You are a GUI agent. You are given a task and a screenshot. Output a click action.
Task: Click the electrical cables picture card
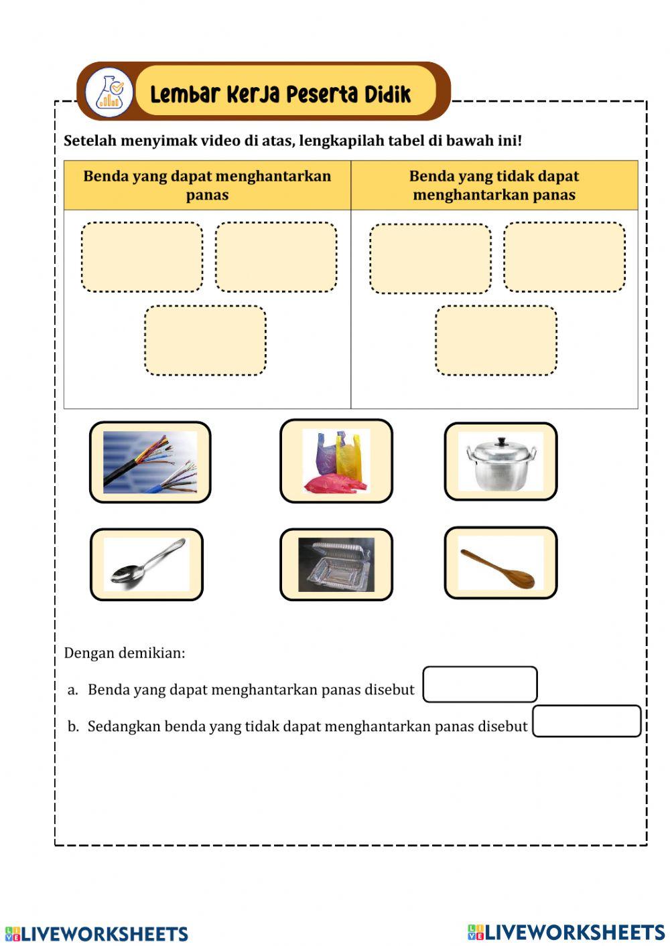coord(150,462)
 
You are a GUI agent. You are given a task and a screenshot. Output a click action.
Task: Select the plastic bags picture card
coord(336,461)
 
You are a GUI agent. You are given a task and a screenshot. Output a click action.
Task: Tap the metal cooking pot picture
coord(500,461)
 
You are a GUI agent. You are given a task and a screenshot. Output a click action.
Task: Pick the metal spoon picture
coord(146,564)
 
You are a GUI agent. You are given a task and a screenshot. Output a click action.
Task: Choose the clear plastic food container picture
coord(336,564)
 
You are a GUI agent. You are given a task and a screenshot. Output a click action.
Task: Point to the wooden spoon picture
coord(500,563)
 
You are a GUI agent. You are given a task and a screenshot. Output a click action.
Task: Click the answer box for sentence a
coord(480,684)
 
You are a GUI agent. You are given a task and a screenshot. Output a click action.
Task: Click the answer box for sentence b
coord(586,721)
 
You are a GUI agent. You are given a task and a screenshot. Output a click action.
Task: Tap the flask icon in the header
coord(109,92)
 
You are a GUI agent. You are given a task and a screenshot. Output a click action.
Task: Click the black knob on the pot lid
coord(500,442)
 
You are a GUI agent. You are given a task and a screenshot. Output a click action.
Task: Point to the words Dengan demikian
coord(125,653)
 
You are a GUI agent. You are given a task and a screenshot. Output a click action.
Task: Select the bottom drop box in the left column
coord(205,340)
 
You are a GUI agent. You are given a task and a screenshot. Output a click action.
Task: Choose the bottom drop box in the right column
coord(496,340)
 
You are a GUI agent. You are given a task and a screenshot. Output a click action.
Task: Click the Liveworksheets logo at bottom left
coord(96,933)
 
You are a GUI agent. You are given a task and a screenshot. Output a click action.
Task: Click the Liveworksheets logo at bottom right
coord(566,932)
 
